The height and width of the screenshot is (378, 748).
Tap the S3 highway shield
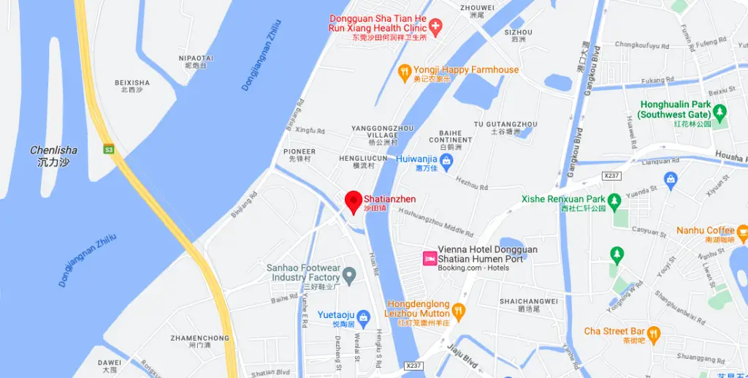point(110,149)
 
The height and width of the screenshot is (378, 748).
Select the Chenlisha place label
point(53,156)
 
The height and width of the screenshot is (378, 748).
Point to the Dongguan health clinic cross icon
point(435,28)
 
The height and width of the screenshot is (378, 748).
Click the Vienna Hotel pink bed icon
point(430,258)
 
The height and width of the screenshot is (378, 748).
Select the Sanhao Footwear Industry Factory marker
point(349,276)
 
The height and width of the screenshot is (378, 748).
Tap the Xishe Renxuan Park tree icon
point(614,199)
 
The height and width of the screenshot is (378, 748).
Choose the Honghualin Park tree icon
point(720,113)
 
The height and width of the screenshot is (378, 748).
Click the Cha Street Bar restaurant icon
point(653,332)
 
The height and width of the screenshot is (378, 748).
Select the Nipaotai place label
point(196,61)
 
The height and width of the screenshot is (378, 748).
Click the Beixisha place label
point(132,86)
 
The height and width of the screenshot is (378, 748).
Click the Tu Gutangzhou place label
point(505,128)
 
